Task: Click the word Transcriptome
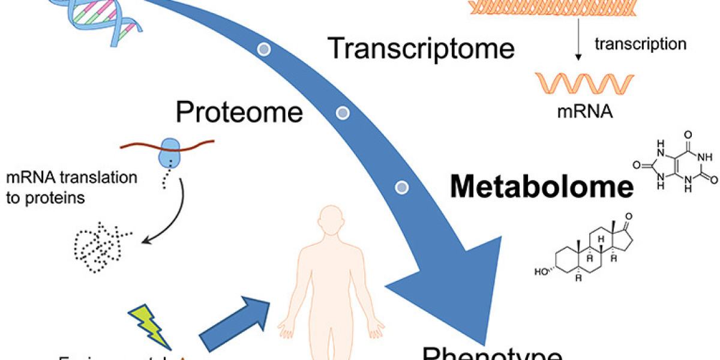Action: [422, 49]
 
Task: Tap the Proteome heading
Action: [239, 112]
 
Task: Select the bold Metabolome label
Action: [542, 188]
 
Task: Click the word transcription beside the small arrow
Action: [640, 44]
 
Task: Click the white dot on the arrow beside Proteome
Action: [342, 112]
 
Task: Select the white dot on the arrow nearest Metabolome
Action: [401, 187]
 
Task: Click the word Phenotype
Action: [492, 352]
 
